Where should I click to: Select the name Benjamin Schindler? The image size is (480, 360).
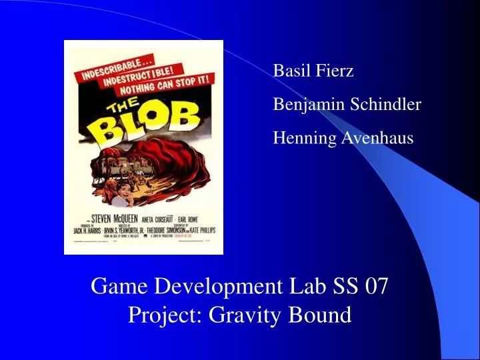[347, 105]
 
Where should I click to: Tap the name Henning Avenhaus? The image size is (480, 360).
[343, 138]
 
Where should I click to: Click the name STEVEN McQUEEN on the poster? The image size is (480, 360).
[107, 217]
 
